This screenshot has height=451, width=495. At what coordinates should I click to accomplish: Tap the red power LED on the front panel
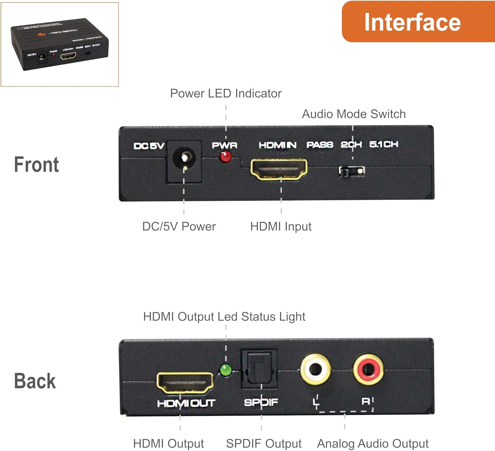pos(226,157)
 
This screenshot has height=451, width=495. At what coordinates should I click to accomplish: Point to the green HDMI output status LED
pos(226,370)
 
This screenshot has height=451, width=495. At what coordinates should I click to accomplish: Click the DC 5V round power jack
pos(184,159)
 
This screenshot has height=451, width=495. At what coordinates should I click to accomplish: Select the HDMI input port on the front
pos(279,169)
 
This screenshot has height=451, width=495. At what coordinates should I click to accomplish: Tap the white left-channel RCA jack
pos(315,369)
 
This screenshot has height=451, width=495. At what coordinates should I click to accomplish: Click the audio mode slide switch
pos(352,172)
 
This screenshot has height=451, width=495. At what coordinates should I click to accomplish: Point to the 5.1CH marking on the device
pos(383,145)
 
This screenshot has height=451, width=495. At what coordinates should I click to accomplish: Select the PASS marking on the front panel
pos(319,145)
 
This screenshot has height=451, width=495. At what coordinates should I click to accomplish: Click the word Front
pos(36,165)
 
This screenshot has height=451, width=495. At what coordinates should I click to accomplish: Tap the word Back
pos(35,381)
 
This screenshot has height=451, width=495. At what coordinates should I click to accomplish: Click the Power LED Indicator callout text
pos(226,93)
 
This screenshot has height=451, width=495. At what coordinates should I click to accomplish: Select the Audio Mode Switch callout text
pos(354,114)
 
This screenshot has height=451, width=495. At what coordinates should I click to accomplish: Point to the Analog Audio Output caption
pos(373,444)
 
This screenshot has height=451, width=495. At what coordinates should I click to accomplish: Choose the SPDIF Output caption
pos(264,444)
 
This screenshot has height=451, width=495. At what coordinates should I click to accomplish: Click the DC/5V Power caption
pos(179,227)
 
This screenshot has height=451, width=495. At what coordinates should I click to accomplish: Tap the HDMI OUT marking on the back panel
pos(186,403)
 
